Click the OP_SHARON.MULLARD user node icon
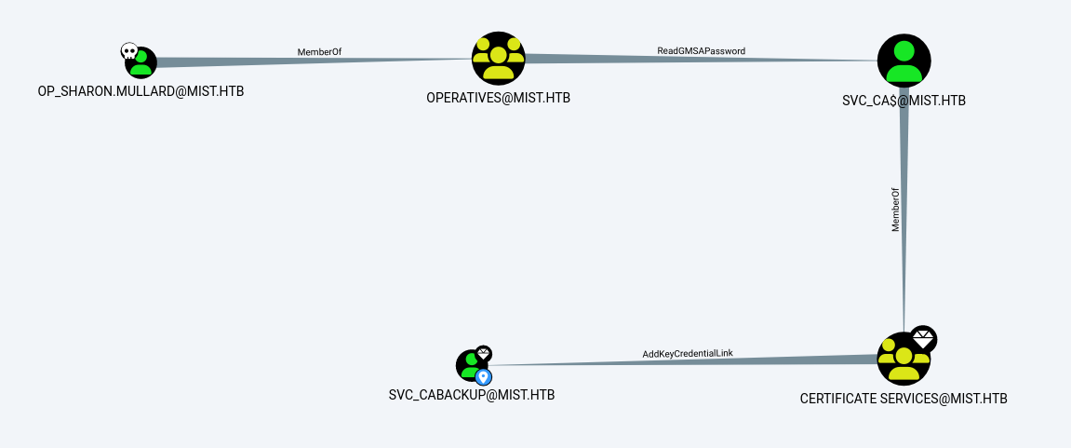click(x=141, y=63)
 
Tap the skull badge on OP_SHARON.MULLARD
click(x=129, y=51)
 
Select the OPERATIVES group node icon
click(x=498, y=58)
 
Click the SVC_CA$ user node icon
click(x=904, y=61)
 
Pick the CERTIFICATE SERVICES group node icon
click(x=904, y=359)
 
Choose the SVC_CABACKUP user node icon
click(x=472, y=365)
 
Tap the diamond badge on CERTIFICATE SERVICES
click(x=922, y=339)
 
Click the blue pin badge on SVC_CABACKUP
click(x=483, y=377)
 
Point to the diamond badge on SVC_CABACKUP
click(x=483, y=353)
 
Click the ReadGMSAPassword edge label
click(x=701, y=50)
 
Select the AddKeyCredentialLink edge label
click(x=681, y=354)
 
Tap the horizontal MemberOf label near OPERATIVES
click(x=319, y=51)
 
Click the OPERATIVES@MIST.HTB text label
click(x=498, y=97)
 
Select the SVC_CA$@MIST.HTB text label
click(x=904, y=102)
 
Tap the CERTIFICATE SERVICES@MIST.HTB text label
click(x=904, y=399)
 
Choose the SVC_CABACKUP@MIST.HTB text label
click(x=472, y=394)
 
